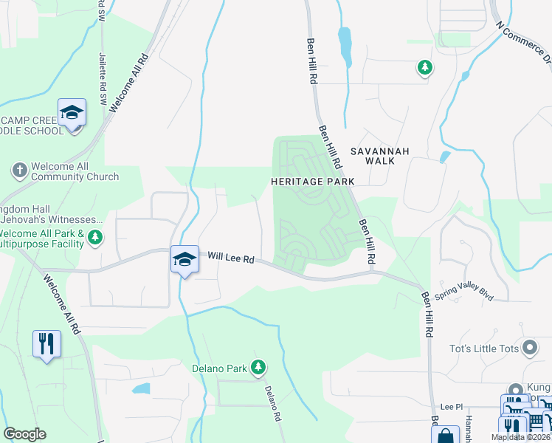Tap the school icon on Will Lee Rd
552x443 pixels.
(x=184, y=259)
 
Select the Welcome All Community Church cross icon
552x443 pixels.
(x=20, y=171)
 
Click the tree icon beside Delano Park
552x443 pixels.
(x=258, y=366)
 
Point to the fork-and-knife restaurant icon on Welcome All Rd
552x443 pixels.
(x=46, y=343)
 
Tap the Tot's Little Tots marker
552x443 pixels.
(x=529, y=347)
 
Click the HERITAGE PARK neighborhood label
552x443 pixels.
(x=312, y=181)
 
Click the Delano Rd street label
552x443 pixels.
(x=272, y=403)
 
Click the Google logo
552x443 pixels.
(x=24, y=434)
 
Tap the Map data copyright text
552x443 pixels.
(x=520, y=437)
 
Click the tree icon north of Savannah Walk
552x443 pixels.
(x=424, y=69)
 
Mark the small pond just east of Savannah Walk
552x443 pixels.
(x=444, y=157)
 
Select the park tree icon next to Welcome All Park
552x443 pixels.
(x=94, y=237)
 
